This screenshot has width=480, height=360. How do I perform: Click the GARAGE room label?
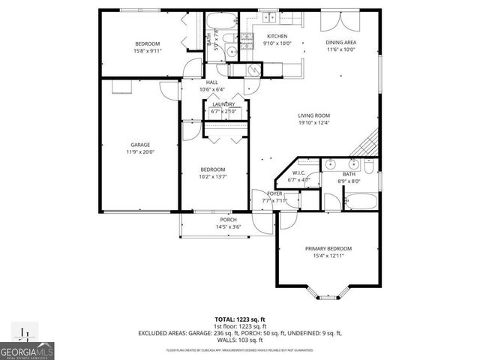pyautogui.click(x=140, y=145)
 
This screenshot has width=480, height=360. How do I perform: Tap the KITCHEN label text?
pyautogui.click(x=277, y=36)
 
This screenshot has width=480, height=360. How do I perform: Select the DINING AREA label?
pyautogui.click(x=339, y=42)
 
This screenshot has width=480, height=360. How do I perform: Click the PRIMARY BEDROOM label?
pyautogui.click(x=328, y=248)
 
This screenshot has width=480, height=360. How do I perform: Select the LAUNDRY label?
pyautogui.click(x=223, y=104)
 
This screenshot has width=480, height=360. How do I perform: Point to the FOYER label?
pyautogui.click(x=274, y=193)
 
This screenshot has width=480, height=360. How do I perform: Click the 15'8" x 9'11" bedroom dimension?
pyautogui.click(x=147, y=51)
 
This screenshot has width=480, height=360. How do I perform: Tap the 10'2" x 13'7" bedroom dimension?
pyautogui.click(x=212, y=177)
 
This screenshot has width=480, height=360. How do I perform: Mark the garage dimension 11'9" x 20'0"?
pyautogui.click(x=140, y=152)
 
